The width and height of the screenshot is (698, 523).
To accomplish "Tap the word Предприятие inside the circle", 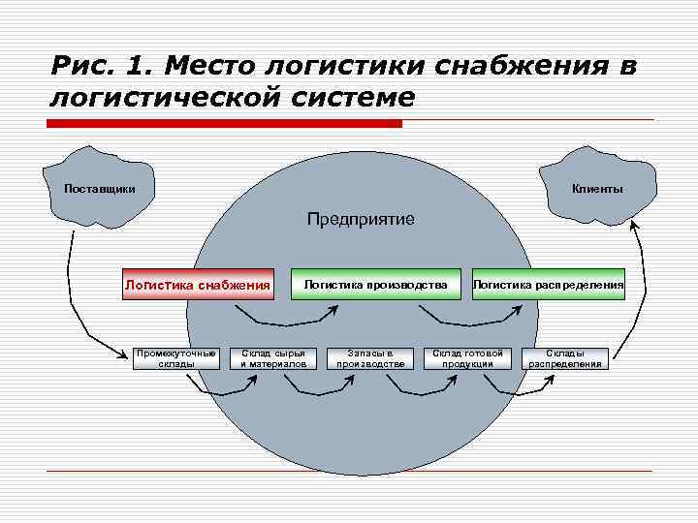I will point(361,219).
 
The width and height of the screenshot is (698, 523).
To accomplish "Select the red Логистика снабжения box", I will point(197,285).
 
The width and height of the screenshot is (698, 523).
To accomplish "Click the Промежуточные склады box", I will point(176,358).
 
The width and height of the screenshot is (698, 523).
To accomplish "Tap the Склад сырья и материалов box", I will point(272,358).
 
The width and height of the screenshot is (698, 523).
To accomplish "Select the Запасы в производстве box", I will point(370,358).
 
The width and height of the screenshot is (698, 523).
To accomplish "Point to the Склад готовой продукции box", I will point(468,358).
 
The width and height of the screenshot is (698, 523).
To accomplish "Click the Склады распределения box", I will point(565,358).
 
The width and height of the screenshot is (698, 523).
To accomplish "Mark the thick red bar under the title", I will point(224,124).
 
